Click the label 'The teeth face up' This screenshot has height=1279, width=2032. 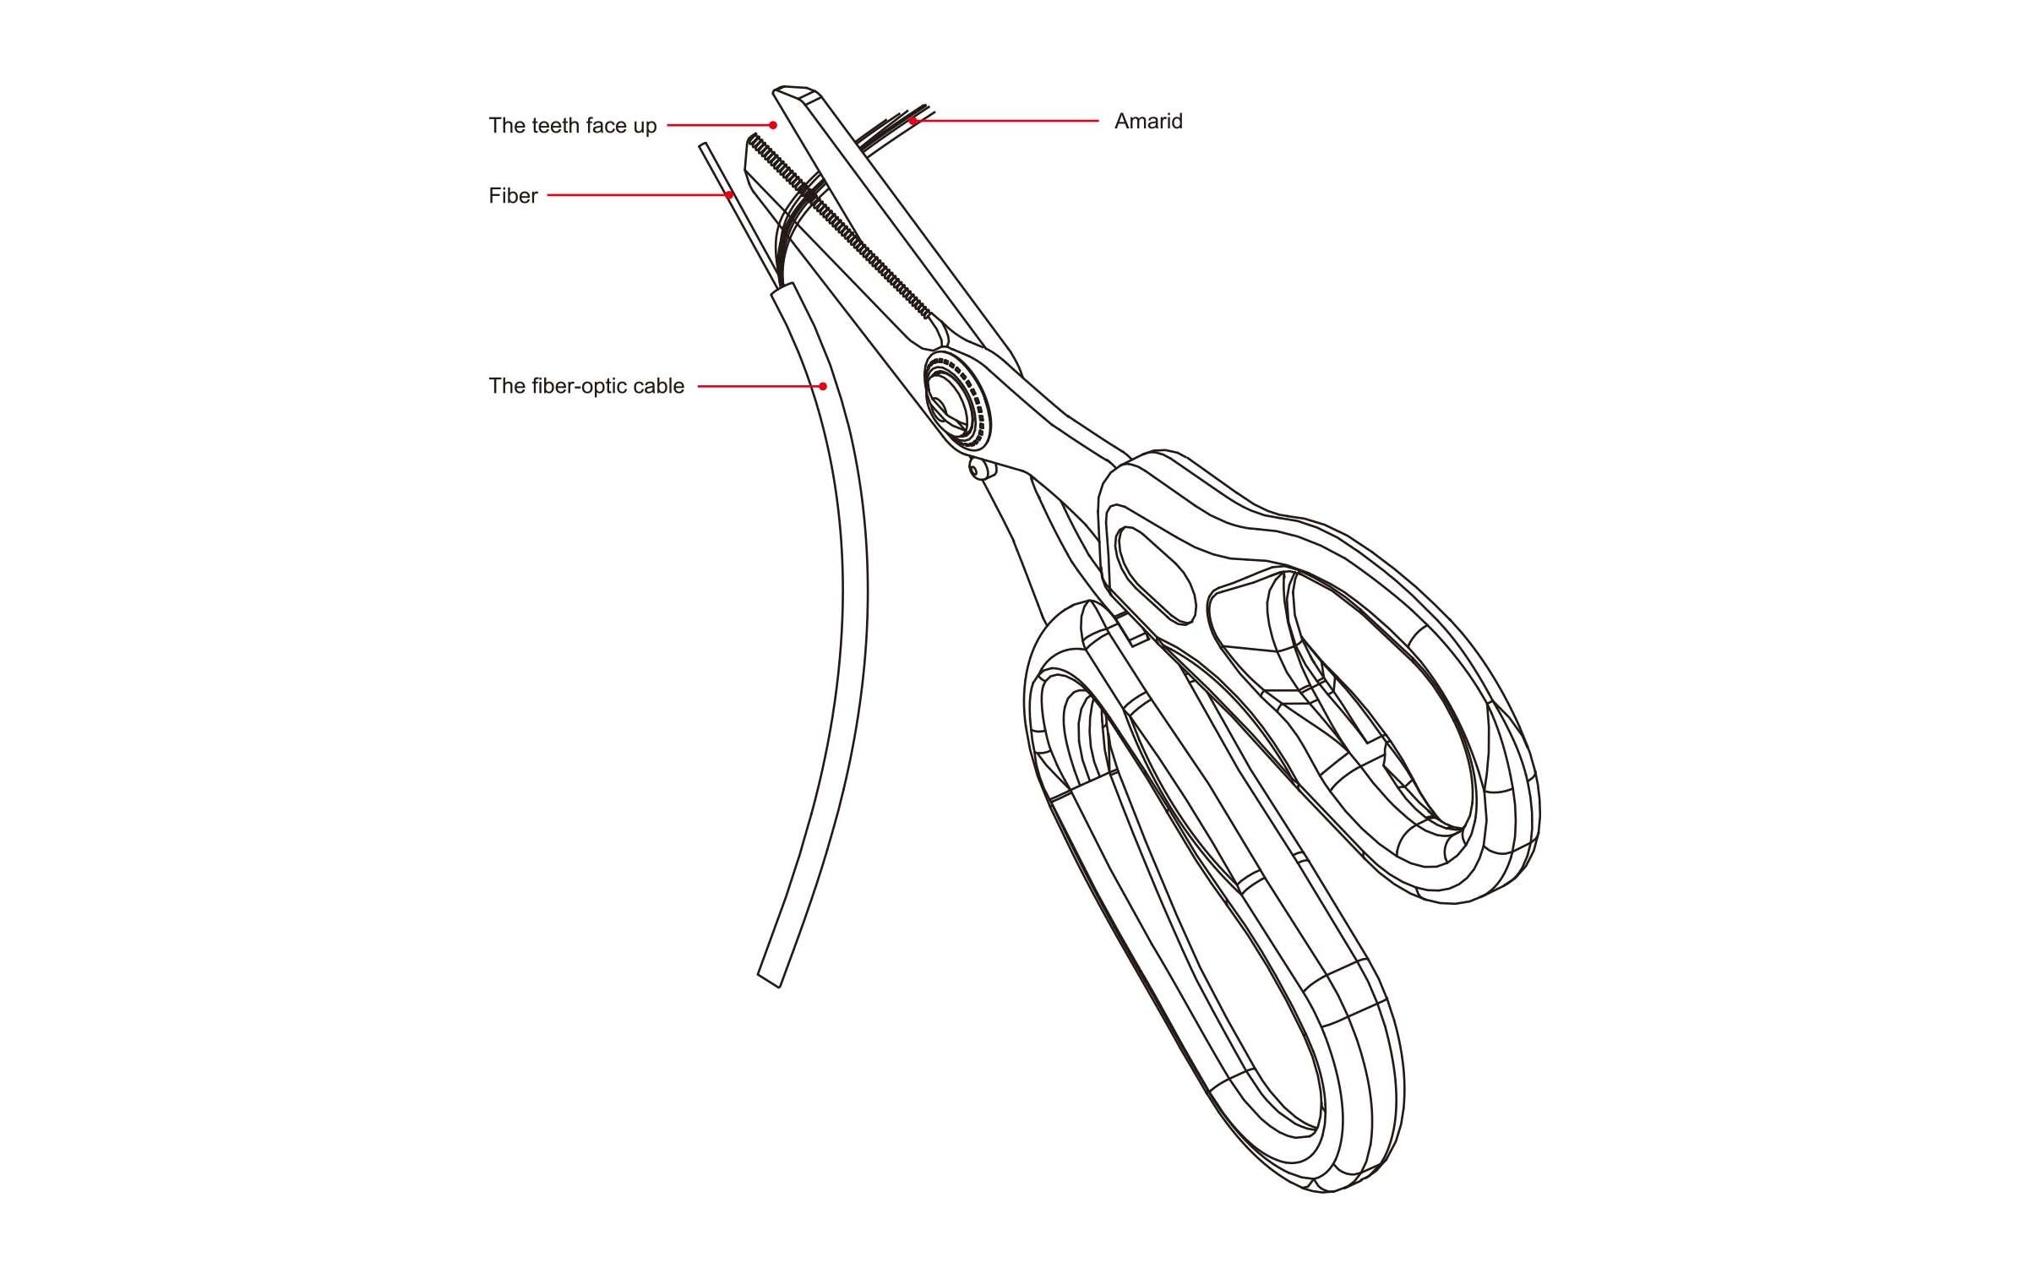click(572, 126)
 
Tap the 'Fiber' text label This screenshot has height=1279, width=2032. click(513, 196)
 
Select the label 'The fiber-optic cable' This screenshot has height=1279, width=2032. click(586, 386)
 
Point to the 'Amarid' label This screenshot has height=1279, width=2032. click(1148, 122)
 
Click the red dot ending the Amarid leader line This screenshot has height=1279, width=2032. click(912, 122)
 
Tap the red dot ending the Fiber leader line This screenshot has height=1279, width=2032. click(729, 195)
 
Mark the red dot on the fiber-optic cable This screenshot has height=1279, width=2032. click(823, 386)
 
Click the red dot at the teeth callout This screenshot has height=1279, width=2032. click(773, 125)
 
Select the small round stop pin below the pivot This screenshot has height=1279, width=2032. click(979, 468)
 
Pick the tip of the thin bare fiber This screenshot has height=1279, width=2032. click(703, 147)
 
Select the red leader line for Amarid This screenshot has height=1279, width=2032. click(1005, 122)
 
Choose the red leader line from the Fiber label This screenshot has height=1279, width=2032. click(638, 195)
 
